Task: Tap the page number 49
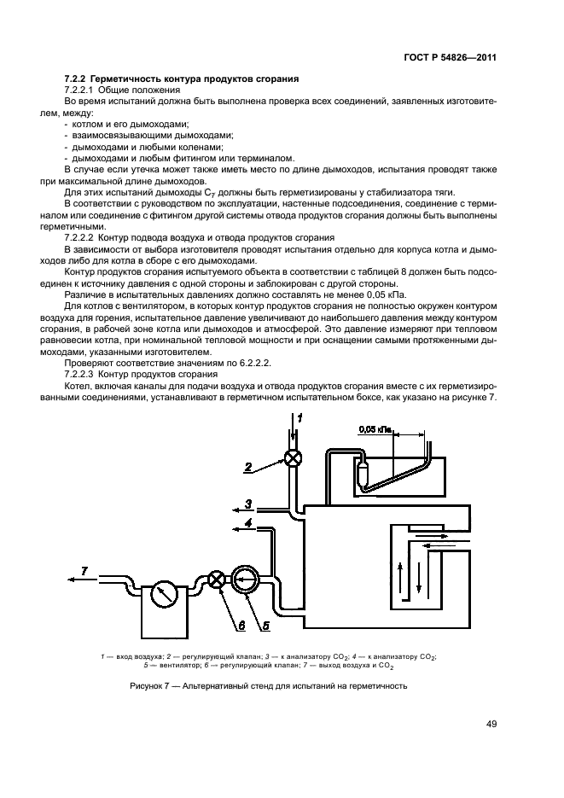coord(491,724)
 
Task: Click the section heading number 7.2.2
coord(78,79)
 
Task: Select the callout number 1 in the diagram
coord(299,416)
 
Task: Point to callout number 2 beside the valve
coord(247,466)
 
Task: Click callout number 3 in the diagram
coord(247,504)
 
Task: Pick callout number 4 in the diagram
coord(247,522)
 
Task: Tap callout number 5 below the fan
coord(266,625)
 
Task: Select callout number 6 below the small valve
coord(241,625)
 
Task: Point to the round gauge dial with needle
coord(162,594)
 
